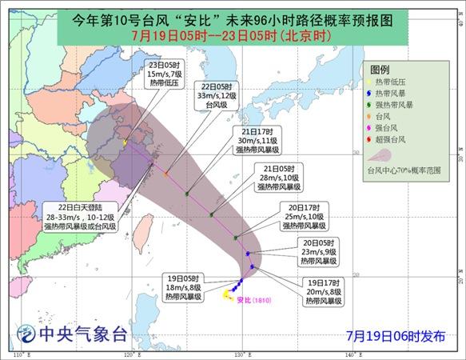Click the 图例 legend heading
coord(380,70)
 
